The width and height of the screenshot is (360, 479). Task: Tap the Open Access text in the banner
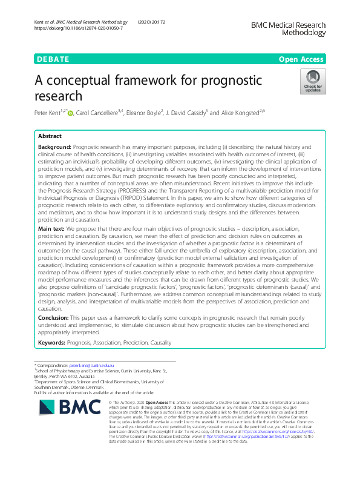[301, 59]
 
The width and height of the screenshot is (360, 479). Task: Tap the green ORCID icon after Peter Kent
[71, 113]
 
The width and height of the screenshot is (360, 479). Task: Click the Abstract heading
[50, 137]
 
